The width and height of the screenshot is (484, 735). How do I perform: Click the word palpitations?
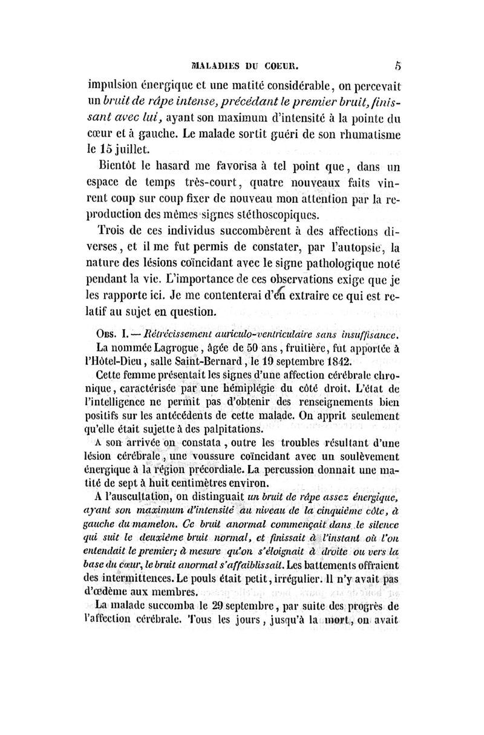[x=231, y=429]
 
